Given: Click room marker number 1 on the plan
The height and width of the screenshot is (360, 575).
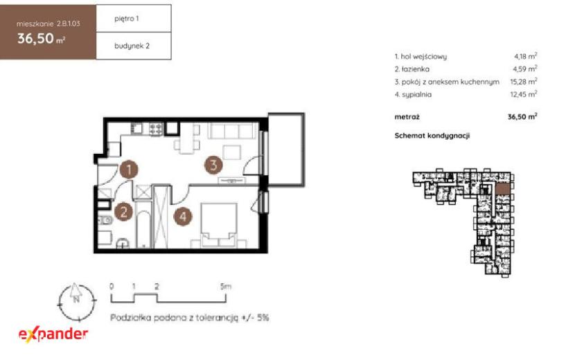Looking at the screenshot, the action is (x=129, y=170).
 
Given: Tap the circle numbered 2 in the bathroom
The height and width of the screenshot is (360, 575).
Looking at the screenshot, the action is (x=123, y=212).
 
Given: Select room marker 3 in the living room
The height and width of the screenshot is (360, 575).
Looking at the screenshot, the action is (x=213, y=165).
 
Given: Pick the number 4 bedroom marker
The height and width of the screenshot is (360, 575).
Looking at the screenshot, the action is (x=183, y=216).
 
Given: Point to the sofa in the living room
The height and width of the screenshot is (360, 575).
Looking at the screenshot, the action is (x=232, y=131).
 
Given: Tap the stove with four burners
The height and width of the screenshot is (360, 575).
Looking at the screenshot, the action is (x=156, y=129).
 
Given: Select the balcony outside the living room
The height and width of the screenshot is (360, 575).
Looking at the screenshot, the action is (x=286, y=150).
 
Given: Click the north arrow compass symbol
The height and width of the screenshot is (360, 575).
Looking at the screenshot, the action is (x=76, y=302).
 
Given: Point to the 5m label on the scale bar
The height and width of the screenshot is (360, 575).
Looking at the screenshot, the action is (x=226, y=287).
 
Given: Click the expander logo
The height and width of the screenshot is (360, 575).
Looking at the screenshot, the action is (x=53, y=334).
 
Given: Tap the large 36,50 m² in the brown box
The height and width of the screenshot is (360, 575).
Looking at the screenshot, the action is (x=41, y=39).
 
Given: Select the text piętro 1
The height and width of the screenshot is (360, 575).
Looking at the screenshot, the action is (x=127, y=18).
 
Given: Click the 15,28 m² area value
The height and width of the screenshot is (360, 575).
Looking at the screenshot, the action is (x=523, y=82).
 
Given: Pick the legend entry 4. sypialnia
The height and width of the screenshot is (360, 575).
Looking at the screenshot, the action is (x=413, y=94).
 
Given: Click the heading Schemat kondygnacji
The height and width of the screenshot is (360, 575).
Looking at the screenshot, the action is (x=432, y=135).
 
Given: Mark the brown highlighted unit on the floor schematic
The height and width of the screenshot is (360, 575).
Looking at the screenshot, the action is (x=502, y=188).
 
